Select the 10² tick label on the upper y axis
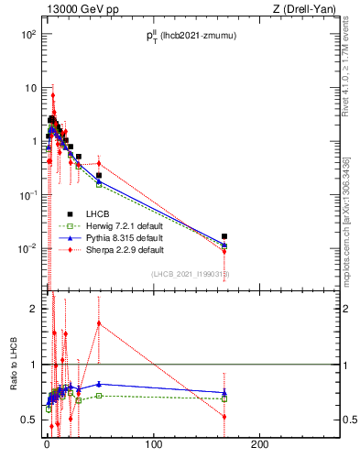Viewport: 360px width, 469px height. [27, 35]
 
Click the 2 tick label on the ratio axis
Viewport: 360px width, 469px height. [34, 309]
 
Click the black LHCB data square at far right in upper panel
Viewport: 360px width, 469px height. [224, 236]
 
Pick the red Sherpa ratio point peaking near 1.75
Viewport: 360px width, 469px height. [98, 322]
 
